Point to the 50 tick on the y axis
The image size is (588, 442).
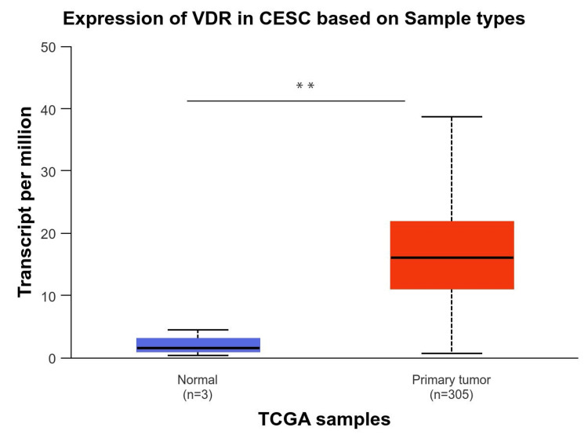point(49,46)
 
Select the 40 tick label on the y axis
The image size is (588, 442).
point(49,108)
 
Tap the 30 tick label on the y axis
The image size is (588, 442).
point(49,171)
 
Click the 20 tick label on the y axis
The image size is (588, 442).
point(49,233)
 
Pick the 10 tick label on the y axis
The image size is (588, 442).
point(49,296)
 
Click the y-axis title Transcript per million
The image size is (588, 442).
point(25,203)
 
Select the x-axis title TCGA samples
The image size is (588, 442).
point(324,419)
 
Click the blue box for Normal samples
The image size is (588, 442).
point(198,345)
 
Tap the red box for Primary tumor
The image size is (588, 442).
point(452,255)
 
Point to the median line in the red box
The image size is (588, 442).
point(452,258)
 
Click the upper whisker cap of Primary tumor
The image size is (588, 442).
point(452,116)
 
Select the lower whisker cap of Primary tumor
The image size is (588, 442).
point(452,354)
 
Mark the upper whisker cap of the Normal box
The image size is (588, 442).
point(198,330)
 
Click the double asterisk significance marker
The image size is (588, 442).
point(305,86)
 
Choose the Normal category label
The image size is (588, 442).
point(198,380)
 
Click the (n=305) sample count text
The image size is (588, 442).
point(452,394)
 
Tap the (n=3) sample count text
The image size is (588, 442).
point(198,394)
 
